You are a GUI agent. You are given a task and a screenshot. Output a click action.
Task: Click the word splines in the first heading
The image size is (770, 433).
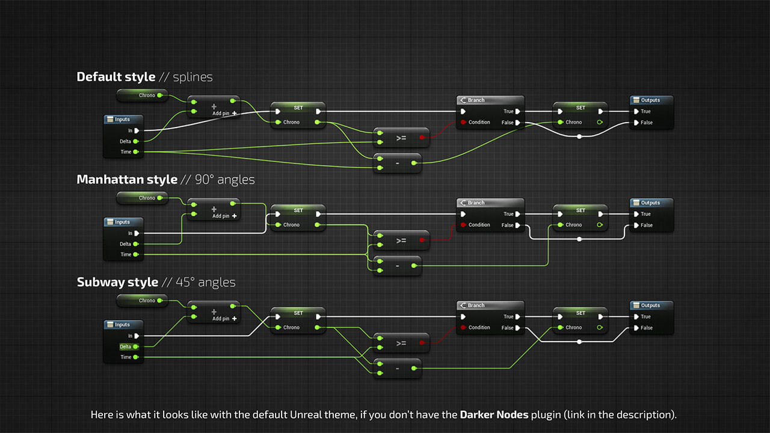[x=192, y=78]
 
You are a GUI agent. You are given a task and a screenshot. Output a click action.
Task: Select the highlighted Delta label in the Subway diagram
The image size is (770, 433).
[x=125, y=347]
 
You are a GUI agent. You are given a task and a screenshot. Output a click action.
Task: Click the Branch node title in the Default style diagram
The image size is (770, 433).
[x=476, y=100]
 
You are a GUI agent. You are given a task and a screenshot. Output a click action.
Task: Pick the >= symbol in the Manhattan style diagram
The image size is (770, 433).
[x=401, y=241]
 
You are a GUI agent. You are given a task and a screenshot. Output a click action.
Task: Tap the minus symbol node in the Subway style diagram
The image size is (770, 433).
[x=398, y=369]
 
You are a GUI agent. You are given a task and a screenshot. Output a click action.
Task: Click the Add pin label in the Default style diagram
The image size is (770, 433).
[x=221, y=114]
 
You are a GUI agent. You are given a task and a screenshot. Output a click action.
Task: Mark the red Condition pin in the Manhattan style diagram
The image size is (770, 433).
[x=463, y=225]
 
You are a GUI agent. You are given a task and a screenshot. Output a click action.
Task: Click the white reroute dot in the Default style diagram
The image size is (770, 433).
[x=579, y=137]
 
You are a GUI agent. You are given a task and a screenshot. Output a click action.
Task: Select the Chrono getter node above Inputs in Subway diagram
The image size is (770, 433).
[x=143, y=301]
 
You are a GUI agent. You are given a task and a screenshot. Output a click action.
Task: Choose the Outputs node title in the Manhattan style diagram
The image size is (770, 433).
[x=650, y=203]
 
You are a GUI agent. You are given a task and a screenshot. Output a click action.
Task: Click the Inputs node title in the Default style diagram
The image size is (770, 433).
[x=122, y=119]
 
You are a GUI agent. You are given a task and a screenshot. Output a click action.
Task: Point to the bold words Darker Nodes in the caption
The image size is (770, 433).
[x=494, y=415]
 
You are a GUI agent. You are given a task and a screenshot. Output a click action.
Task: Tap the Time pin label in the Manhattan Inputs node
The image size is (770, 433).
[x=126, y=254]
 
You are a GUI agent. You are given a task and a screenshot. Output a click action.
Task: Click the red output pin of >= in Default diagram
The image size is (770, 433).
[x=422, y=138]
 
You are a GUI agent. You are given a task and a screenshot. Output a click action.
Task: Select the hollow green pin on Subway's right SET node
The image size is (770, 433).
[x=600, y=328]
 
